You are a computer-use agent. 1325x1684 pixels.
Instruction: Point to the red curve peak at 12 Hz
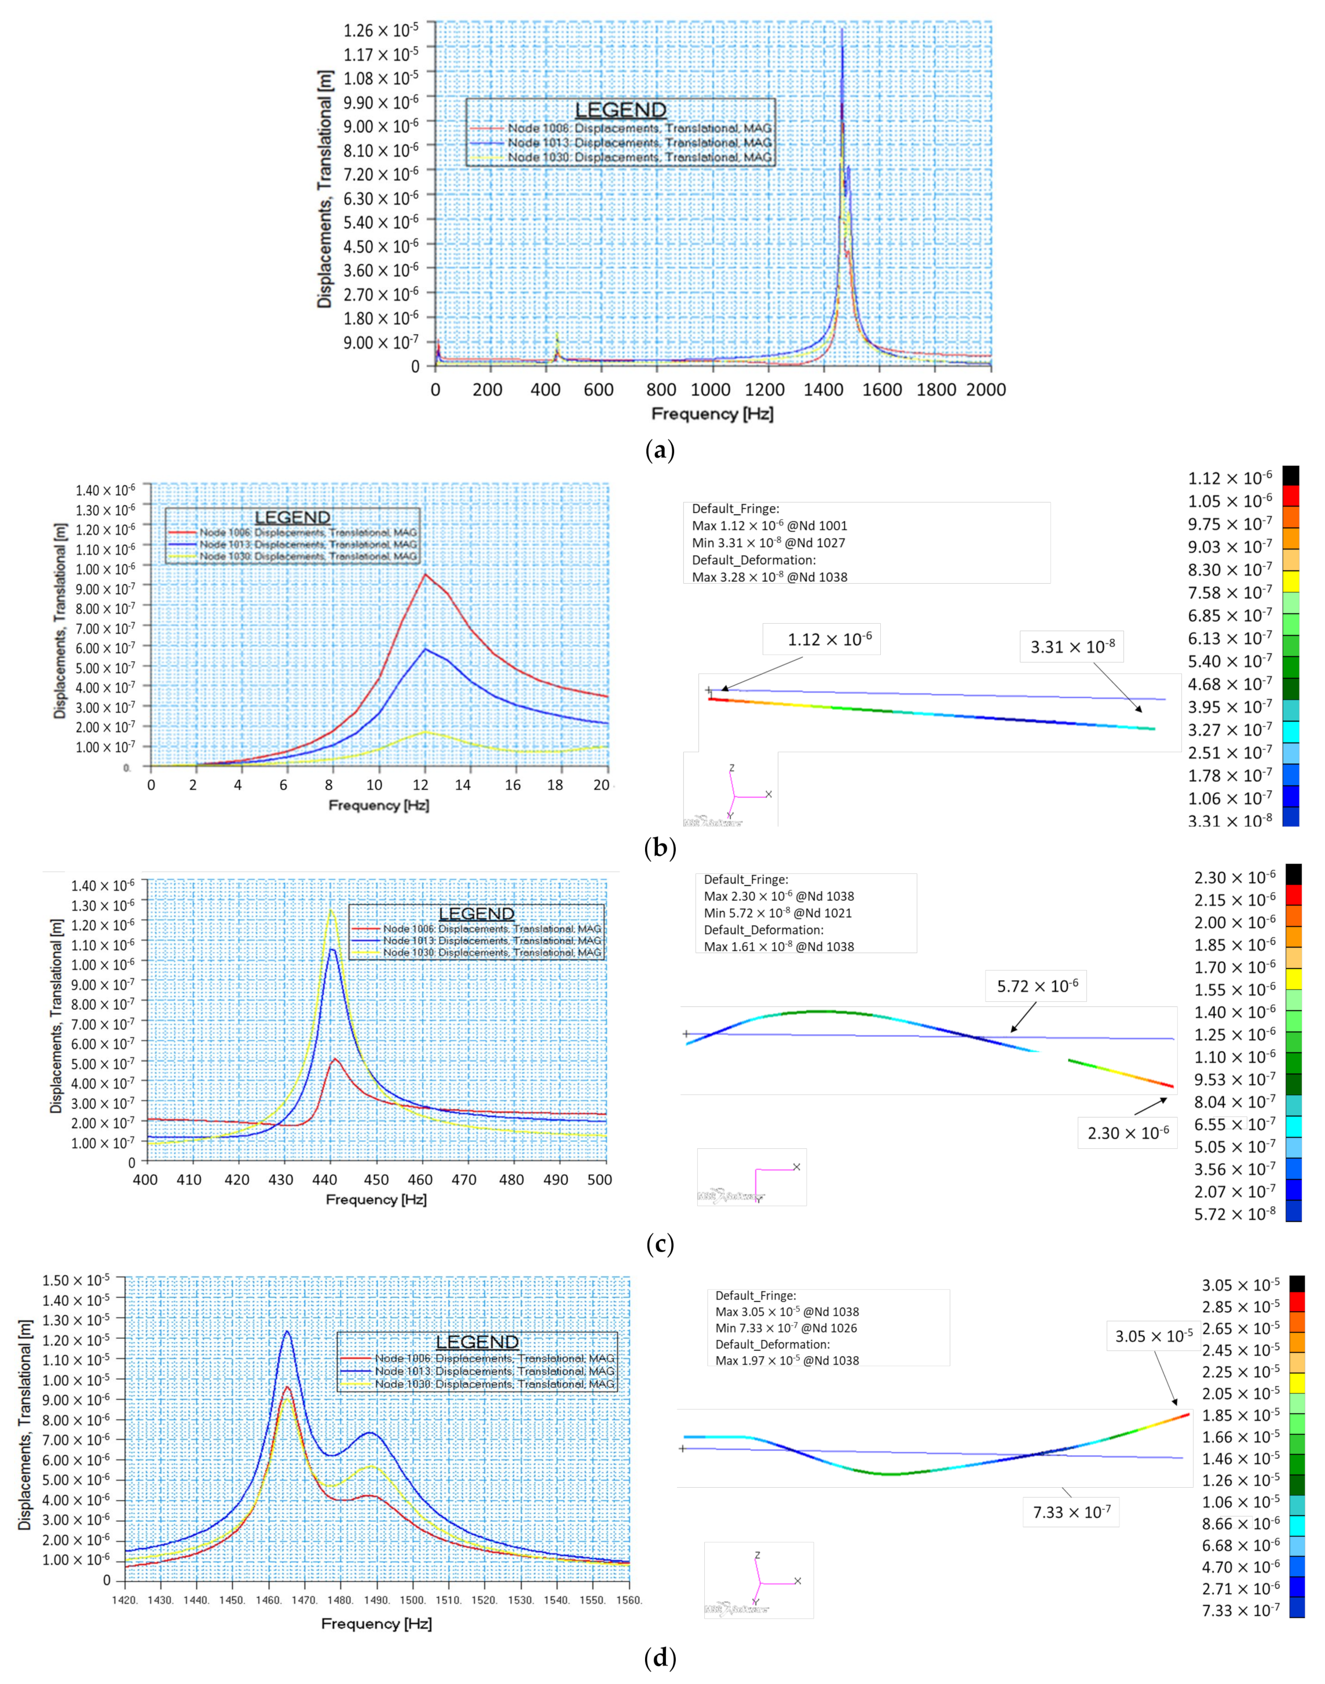[x=425, y=575]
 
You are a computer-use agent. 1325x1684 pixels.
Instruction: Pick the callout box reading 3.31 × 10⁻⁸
[x=1072, y=647]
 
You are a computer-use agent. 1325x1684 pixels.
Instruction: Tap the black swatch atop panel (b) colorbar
[x=1291, y=475]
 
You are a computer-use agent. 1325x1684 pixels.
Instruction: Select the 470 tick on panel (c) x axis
[x=464, y=1180]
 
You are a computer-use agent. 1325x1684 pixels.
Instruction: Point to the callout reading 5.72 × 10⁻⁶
[x=1037, y=986]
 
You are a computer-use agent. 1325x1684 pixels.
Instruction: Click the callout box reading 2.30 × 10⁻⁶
[x=1127, y=1133]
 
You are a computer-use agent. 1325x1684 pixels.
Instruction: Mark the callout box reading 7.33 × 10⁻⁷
[x=1071, y=1512]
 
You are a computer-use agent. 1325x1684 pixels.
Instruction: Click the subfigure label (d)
[x=660, y=1659]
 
